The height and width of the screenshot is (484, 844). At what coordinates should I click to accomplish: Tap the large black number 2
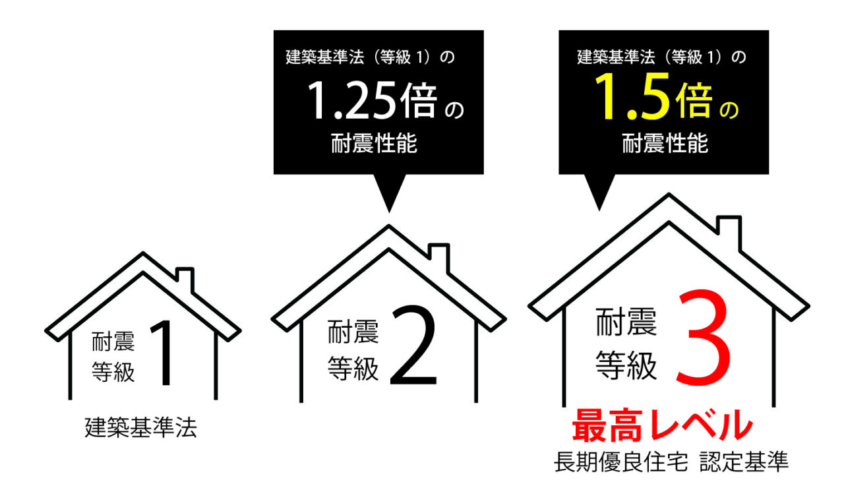(x=413, y=345)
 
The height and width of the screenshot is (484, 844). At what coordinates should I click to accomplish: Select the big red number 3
(x=703, y=338)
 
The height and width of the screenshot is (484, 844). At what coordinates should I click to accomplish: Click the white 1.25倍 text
(x=373, y=100)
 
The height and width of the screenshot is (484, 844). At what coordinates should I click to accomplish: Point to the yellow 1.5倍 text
(x=653, y=96)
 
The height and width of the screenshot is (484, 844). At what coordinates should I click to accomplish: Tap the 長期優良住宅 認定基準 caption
(x=671, y=462)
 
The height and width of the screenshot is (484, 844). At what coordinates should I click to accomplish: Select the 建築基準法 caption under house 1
(x=140, y=427)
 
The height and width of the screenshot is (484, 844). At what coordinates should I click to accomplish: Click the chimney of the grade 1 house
(x=185, y=280)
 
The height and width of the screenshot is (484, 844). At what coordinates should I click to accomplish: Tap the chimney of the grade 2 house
(x=439, y=258)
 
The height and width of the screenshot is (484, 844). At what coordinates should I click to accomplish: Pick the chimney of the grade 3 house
(x=729, y=232)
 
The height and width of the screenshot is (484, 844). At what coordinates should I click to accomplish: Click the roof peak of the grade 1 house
(x=143, y=253)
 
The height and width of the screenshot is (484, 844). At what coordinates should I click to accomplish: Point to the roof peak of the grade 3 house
(x=669, y=195)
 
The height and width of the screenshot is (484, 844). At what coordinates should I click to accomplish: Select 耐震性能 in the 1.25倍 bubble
(x=374, y=143)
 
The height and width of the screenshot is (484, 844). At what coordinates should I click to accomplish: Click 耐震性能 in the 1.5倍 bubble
(x=665, y=143)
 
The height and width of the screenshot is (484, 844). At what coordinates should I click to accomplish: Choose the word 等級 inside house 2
(x=353, y=368)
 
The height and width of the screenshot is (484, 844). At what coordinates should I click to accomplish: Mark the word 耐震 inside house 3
(x=626, y=322)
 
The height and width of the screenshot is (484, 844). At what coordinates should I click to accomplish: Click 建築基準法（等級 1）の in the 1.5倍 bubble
(x=661, y=57)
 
